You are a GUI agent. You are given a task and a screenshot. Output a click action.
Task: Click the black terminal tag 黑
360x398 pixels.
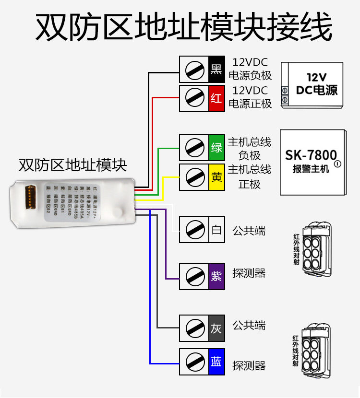[x=216, y=70]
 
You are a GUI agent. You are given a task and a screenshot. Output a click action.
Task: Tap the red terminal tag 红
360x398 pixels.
[x=216, y=99]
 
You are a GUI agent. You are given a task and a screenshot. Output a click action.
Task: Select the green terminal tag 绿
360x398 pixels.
[x=216, y=148]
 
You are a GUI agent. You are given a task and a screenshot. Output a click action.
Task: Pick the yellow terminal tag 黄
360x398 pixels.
[x=216, y=177]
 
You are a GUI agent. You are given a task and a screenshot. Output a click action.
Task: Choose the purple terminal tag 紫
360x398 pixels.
[x=216, y=276]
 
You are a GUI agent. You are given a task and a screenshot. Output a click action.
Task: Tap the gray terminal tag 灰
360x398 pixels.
[x=216, y=328]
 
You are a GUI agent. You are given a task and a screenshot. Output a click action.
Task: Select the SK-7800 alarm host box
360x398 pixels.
[x=312, y=162]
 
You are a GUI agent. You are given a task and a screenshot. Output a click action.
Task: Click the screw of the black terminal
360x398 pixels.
[x=194, y=70]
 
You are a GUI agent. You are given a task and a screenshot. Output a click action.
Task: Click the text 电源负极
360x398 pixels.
[x=250, y=75]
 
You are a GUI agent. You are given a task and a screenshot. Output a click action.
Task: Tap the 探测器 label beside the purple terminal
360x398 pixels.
[x=249, y=273]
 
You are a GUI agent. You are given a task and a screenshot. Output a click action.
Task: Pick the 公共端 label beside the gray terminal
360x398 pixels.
[x=249, y=326]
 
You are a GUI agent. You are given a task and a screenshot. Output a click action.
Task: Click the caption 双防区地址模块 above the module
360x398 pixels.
[x=72, y=165]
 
